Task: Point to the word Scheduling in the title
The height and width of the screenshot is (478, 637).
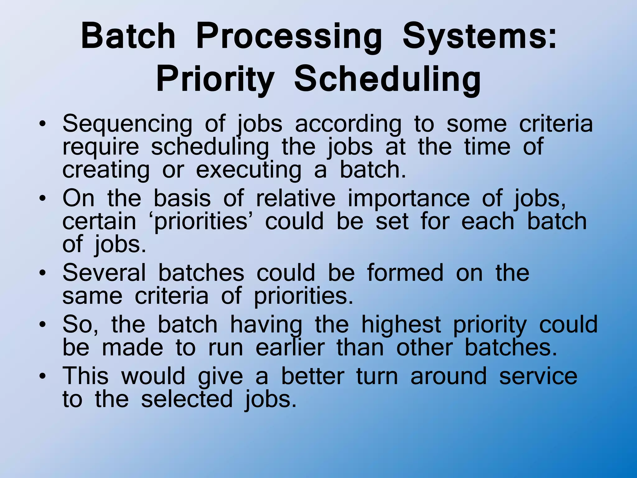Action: (388, 80)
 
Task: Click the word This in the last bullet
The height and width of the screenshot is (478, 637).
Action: (86, 376)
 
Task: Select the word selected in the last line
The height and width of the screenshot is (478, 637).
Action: (187, 399)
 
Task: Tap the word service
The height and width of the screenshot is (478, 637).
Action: (538, 376)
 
